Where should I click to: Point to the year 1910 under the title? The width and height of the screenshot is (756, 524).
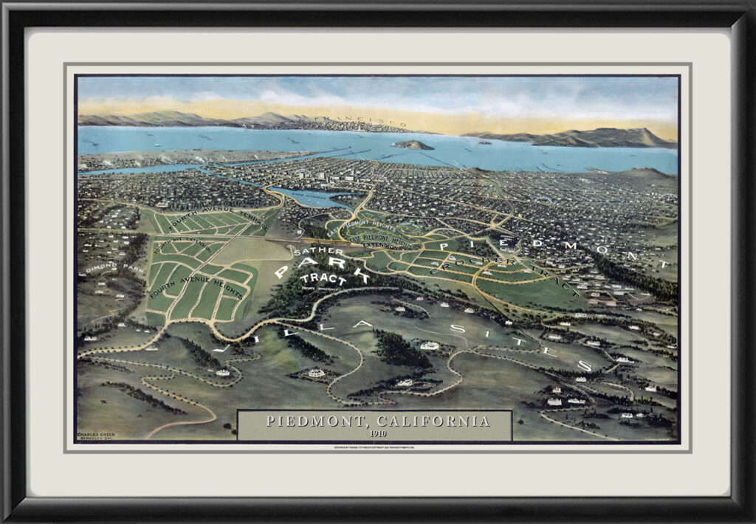377,433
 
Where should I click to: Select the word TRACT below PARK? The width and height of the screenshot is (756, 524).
323,278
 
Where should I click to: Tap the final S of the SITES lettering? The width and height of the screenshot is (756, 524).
584,365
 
